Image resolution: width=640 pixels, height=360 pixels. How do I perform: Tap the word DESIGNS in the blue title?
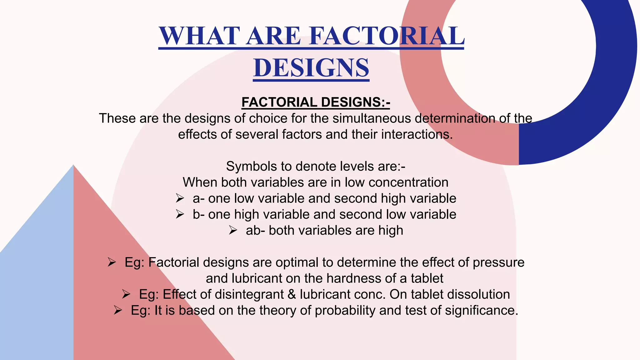pos(311,68)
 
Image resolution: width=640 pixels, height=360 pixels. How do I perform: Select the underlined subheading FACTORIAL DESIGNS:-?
pos(316,102)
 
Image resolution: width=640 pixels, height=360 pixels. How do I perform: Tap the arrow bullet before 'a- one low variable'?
pos(180,198)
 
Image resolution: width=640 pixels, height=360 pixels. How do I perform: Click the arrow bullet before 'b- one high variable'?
pos(180,214)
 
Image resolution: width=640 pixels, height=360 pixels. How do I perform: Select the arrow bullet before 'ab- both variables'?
pos(233,230)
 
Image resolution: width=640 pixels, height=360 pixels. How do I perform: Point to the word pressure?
pos(498,262)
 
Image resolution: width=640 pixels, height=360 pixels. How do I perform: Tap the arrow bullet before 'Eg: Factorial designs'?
pos(112,262)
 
